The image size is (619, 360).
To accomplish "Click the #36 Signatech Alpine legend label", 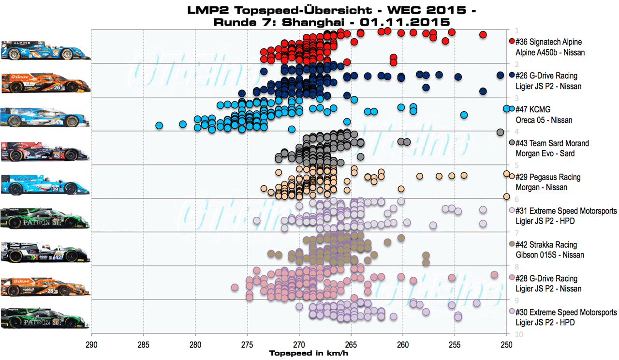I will [x=549, y=42].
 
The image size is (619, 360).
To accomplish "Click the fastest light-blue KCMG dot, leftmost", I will [x=159, y=126].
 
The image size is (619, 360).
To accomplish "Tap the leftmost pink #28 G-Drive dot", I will [x=235, y=287].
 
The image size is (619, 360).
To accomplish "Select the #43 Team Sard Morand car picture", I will [x=46, y=151].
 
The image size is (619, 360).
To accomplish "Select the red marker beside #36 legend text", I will [x=512, y=42].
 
